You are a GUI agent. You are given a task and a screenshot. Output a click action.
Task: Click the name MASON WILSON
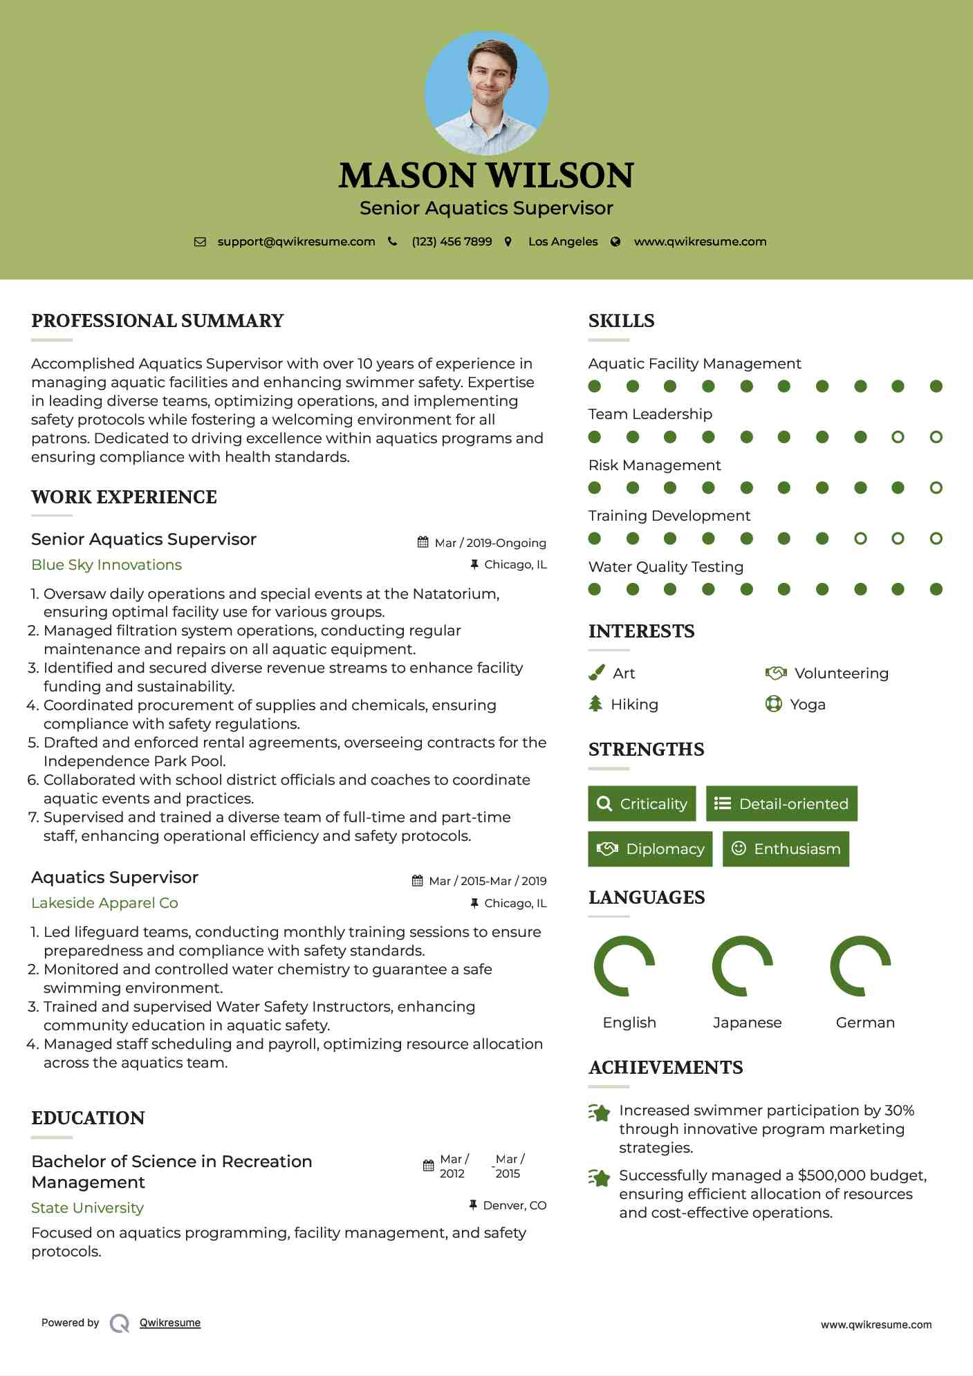coord(486,176)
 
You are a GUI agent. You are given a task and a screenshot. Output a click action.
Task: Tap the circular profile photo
coord(486,93)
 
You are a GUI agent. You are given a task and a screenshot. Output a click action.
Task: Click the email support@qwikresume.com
coord(296,241)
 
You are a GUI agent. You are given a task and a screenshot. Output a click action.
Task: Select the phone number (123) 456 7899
coord(452,241)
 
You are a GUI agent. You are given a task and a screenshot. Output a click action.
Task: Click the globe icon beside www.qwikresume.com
coord(615,241)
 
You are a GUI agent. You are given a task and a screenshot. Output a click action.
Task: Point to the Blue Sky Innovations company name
coord(106,565)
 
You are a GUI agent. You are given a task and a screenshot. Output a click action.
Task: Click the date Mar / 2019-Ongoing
coord(490,543)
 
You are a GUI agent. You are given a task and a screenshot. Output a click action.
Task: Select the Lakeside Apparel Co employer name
coord(104,903)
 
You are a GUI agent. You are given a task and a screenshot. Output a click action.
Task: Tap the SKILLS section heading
coord(621,321)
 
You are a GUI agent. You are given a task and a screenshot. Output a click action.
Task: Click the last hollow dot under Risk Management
coord(936,487)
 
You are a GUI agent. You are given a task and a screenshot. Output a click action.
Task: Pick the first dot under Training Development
coord(595,538)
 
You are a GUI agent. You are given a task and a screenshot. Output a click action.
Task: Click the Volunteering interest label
coord(841,673)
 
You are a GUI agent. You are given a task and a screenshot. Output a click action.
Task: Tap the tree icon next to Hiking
coord(595,704)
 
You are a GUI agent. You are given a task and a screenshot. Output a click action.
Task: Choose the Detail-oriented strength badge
coord(781,803)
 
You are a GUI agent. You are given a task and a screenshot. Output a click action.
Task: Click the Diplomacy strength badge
coord(650,849)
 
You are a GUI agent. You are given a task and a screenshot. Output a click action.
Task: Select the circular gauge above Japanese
coord(743,966)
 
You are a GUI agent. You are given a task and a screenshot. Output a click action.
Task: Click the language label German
coord(864,1023)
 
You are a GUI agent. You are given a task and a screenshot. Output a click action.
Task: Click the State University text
coord(87,1208)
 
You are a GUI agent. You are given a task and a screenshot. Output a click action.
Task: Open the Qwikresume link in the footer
coord(170,1323)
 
